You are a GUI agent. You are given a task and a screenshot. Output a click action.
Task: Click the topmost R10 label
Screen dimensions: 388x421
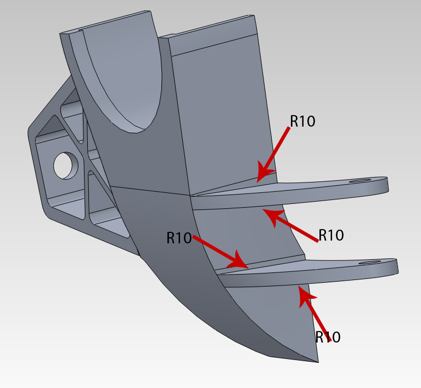[x=302, y=121]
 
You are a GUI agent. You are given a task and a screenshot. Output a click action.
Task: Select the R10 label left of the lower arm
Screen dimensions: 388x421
[x=179, y=238]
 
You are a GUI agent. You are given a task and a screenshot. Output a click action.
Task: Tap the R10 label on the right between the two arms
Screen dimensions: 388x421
[x=331, y=235]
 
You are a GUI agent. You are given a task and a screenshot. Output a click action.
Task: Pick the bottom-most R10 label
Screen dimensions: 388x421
[x=328, y=337]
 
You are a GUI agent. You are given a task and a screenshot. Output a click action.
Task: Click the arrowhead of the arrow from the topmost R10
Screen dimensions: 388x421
[x=261, y=176]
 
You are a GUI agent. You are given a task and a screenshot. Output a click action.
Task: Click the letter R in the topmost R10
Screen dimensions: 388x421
[x=294, y=121]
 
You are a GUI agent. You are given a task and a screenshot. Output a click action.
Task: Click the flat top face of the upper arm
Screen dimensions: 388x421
[x=307, y=187]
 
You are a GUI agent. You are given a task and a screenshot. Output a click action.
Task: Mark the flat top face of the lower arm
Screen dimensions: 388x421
[x=318, y=268]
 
